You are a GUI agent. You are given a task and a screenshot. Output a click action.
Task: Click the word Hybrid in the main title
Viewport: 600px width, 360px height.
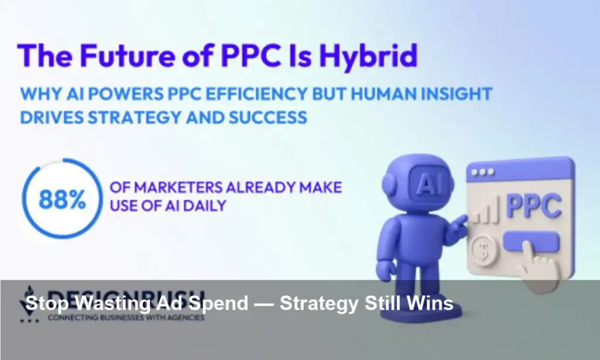[364, 56]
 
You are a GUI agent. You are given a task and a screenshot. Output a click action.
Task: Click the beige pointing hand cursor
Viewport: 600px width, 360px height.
[542, 267]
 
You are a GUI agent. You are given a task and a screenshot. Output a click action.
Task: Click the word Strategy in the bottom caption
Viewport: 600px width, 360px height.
[316, 304]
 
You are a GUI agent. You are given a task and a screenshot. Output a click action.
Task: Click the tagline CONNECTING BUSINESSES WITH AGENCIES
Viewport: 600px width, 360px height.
[126, 318]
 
